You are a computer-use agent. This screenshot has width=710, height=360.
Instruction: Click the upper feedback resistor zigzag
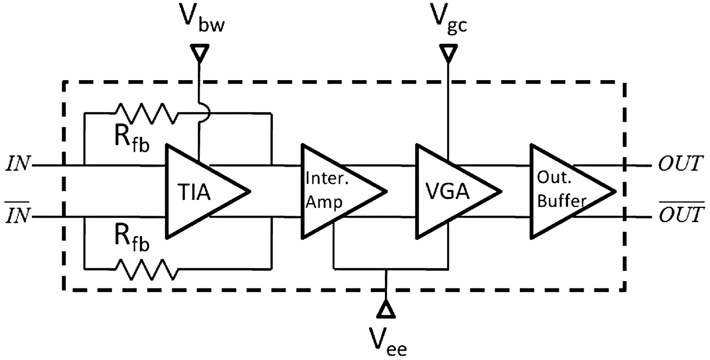click(x=147, y=114)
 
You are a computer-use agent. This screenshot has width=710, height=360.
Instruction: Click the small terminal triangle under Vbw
click(x=199, y=53)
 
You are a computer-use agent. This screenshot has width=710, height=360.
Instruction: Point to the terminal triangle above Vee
click(x=387, y=308)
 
